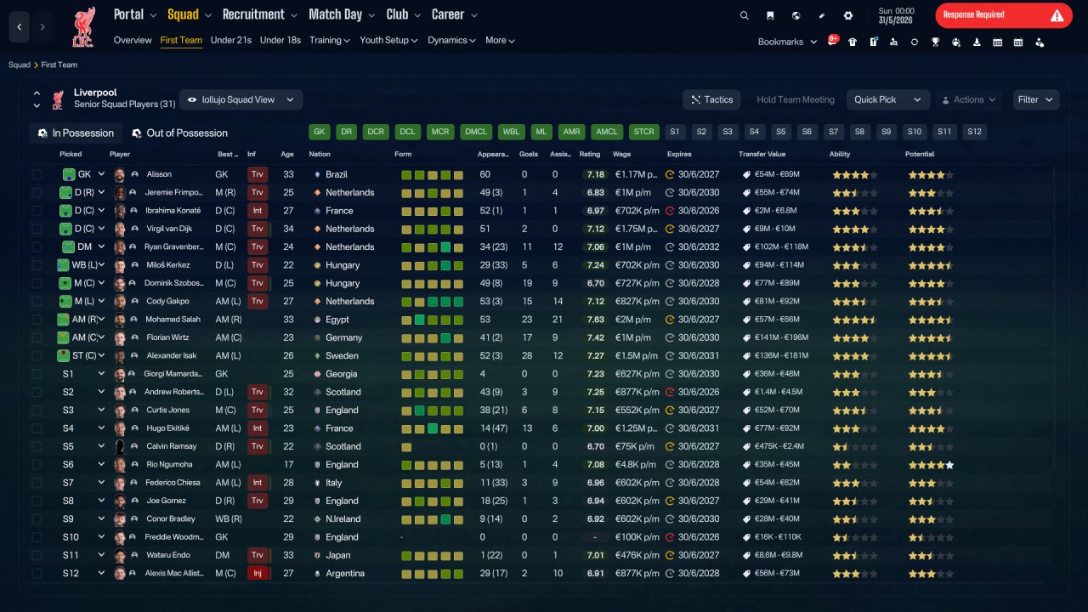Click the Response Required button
click(1004, 15)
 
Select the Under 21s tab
click(230, 40)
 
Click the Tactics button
click(711, 99)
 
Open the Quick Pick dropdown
click(887, 99)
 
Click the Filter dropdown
click(1035, 99)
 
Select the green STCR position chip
click(643, 132)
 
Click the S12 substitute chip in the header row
click(974, 132)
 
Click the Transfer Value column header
click(762, 154)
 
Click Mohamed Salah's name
click(173, 319)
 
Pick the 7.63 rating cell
click(595, 319)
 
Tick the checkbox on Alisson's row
click(37, 174)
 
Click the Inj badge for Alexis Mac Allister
click(258, 573)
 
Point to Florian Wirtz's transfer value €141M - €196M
click(781, 337)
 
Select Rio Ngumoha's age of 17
click(288, 464)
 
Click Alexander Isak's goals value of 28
click(527, 355)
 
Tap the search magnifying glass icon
click(744, 15)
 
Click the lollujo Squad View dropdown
click(241, 99)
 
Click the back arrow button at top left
click(20, 26)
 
